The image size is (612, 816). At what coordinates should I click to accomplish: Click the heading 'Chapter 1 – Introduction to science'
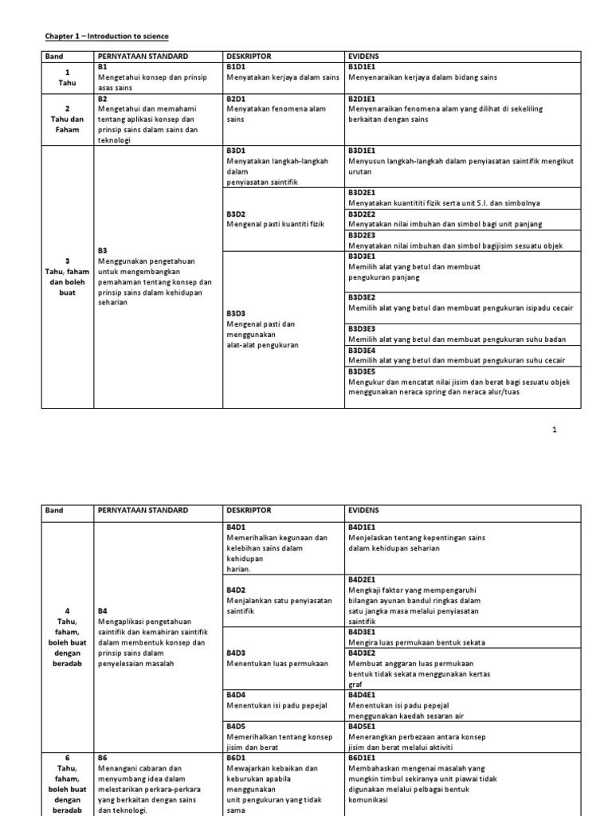tap(106, 37)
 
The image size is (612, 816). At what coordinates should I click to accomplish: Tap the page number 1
tap(555, 430)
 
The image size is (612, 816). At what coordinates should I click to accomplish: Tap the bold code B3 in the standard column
tap(103, 250)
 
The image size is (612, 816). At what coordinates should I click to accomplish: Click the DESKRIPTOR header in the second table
tap(249, 510)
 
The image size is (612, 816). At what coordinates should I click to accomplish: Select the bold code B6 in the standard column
tap(103, 758)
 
